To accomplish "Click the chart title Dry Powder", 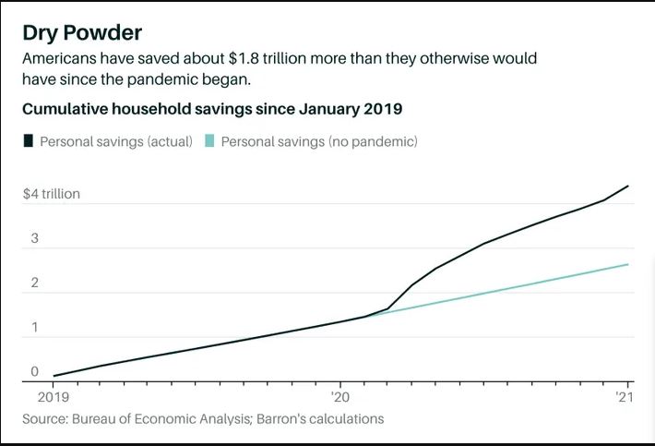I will point(82,32).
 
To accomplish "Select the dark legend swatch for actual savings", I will point(29,141).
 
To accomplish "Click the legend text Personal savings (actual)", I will point(115,141).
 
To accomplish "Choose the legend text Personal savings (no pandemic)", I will point(319,141).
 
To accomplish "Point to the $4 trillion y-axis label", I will point(52,194).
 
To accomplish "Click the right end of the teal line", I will point(627,265).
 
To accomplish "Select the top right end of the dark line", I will point(627,187).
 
